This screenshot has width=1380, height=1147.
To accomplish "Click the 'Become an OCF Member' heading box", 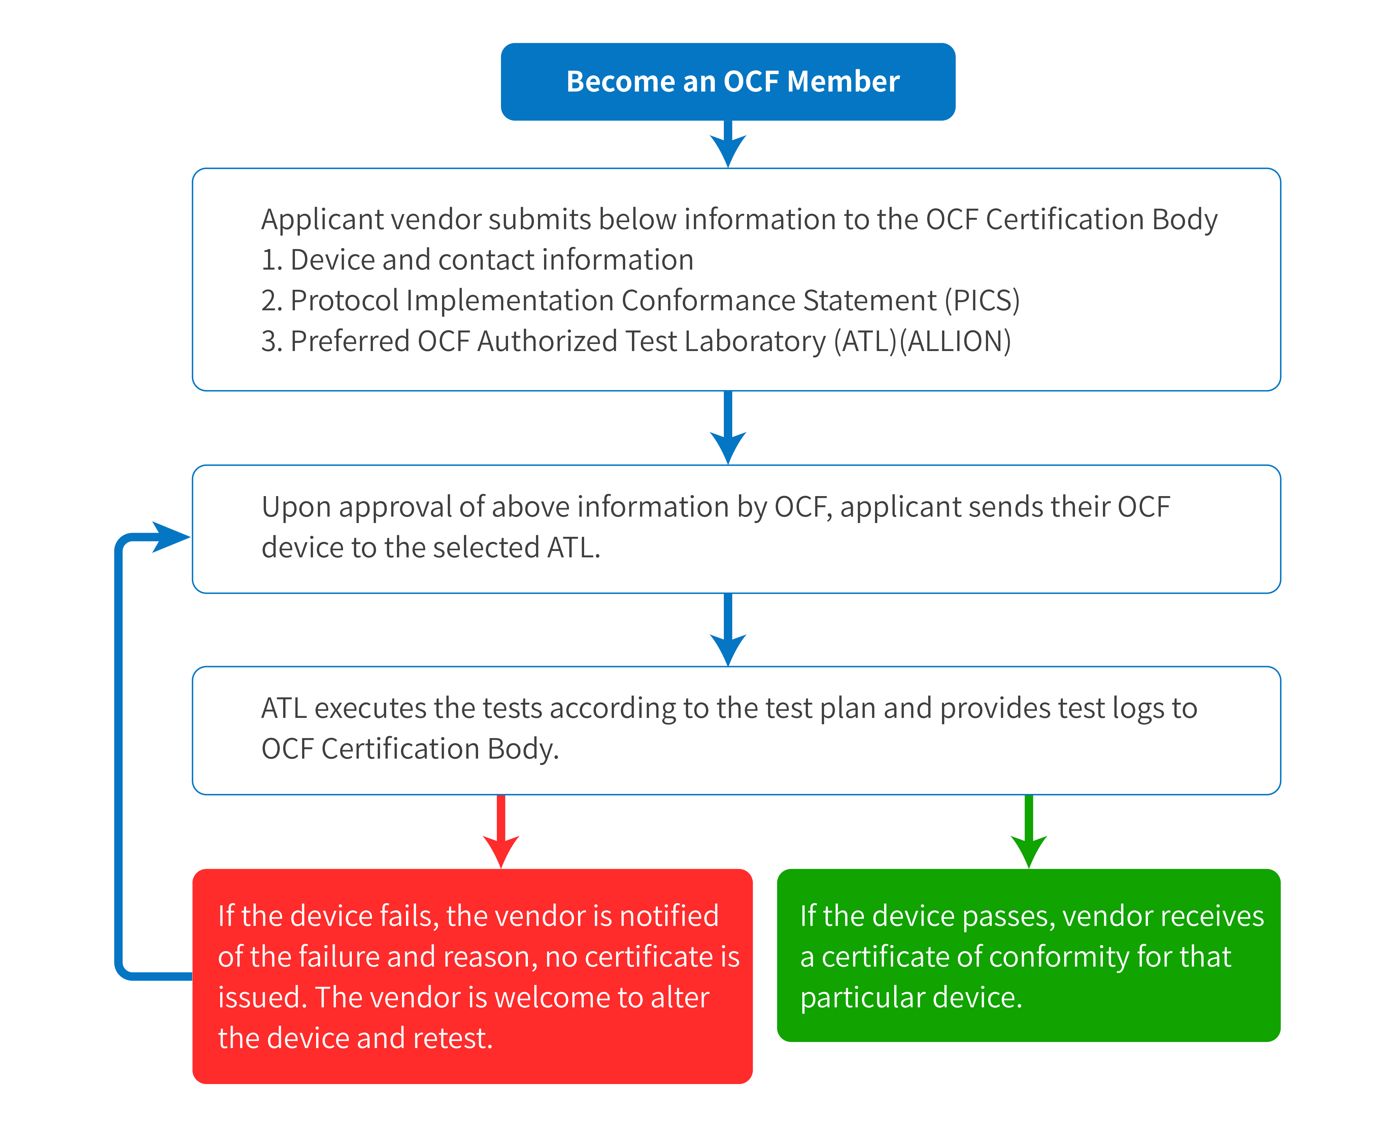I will [728, 81].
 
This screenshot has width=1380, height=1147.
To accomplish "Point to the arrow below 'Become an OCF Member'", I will [728, 144].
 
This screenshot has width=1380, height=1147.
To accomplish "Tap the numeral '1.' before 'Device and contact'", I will [271, 260].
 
